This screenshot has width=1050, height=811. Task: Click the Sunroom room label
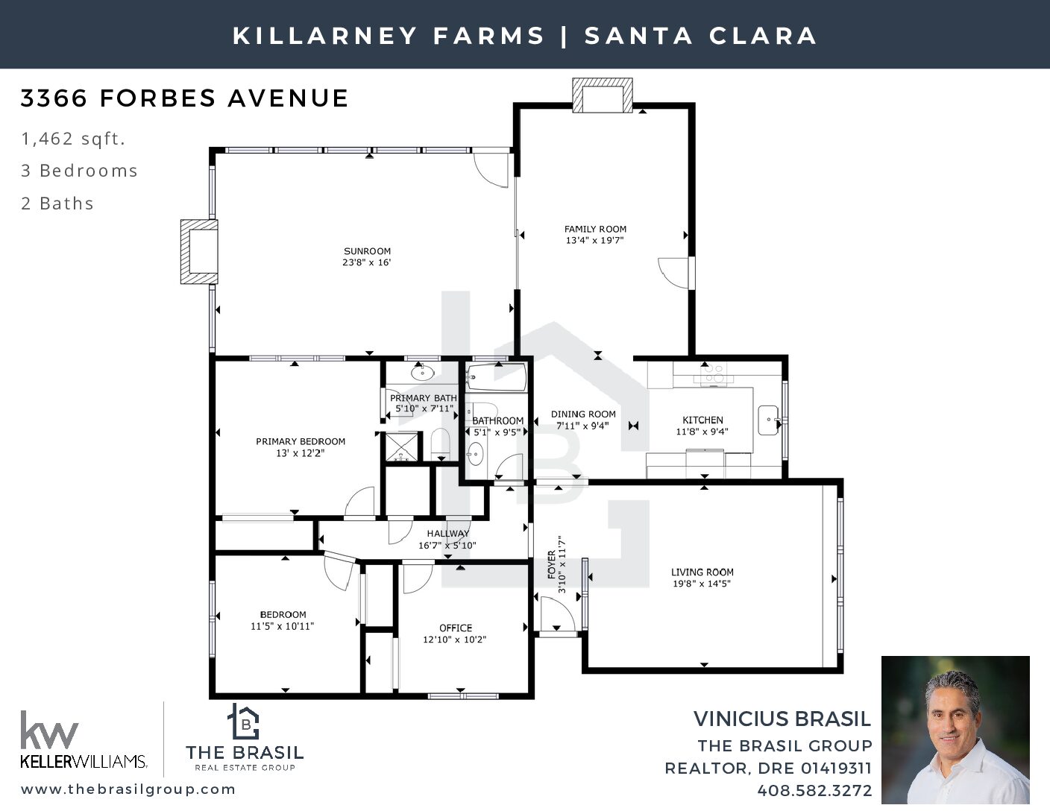[367, 251]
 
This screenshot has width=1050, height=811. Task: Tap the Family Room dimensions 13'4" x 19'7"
[595, 240]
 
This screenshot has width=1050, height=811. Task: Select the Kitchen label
[702, 420]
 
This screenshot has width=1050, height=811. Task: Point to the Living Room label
[702, 572]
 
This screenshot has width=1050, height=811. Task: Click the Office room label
[455, 628]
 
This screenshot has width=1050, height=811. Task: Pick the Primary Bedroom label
[301, 441]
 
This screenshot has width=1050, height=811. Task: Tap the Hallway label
[448, 534]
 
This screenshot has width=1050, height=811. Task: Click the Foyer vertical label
[551, 565]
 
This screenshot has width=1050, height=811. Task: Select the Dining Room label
[583, 414]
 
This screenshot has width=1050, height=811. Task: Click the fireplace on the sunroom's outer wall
[199, 252]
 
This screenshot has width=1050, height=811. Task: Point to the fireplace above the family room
[602, 95]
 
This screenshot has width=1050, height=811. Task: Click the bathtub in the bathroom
[496, 377]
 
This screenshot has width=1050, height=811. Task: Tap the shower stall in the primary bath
[401, 446]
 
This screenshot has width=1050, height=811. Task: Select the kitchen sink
[768, 420]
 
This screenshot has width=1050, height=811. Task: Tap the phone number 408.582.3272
[814, 791]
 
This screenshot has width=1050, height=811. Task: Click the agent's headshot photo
[955, 730]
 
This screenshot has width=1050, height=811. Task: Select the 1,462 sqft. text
[73, 139]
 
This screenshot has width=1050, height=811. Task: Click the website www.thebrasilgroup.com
[128, 789]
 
